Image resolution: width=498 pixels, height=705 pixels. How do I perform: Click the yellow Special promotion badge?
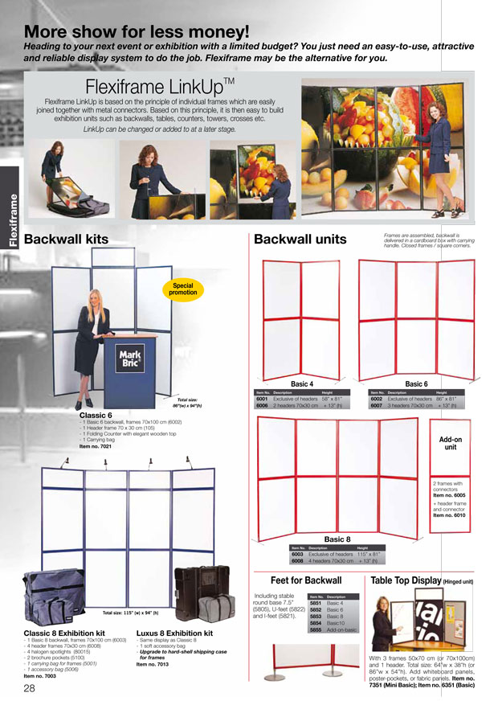(183, 289)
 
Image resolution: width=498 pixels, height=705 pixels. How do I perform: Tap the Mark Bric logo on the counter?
(130, 357)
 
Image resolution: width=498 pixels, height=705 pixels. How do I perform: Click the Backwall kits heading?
(66, 240)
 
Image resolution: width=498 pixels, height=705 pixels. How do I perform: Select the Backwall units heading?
(300, 240)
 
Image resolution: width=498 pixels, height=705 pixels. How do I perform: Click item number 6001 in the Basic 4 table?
(262, 399)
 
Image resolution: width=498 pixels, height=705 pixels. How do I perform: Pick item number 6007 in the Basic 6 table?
(376, 406)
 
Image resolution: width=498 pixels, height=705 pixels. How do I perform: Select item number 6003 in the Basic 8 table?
(296, 554)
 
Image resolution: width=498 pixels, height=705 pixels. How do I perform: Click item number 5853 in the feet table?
(316, 617)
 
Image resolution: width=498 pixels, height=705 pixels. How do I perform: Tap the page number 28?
(29, 689)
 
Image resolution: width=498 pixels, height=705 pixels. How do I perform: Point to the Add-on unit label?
(451, 443)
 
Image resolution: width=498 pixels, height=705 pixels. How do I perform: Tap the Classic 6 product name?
(96, 415)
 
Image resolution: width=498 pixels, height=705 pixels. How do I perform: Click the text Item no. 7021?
(96, 446)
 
